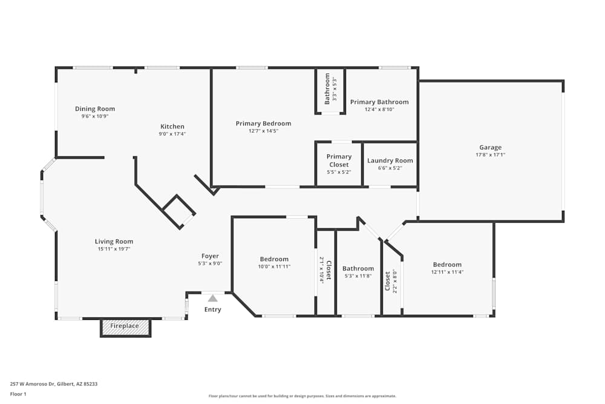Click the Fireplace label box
coord(125,326)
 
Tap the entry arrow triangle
coord(212,298)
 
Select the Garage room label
coord(490,147)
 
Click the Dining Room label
coord(95,109)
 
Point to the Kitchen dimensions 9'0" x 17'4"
coord(172,134)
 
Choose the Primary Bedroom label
coord(263,124)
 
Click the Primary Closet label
coord(339,161)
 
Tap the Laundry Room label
coord(390,161)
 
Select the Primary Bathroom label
coord(379,102)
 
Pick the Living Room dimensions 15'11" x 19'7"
coord(114,249)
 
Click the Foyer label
coord(210,256)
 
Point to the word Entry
coord(212,310)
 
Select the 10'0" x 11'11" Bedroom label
coord(274,259)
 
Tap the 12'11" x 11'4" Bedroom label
coord(447,265)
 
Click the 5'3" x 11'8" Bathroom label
coord(358,269)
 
